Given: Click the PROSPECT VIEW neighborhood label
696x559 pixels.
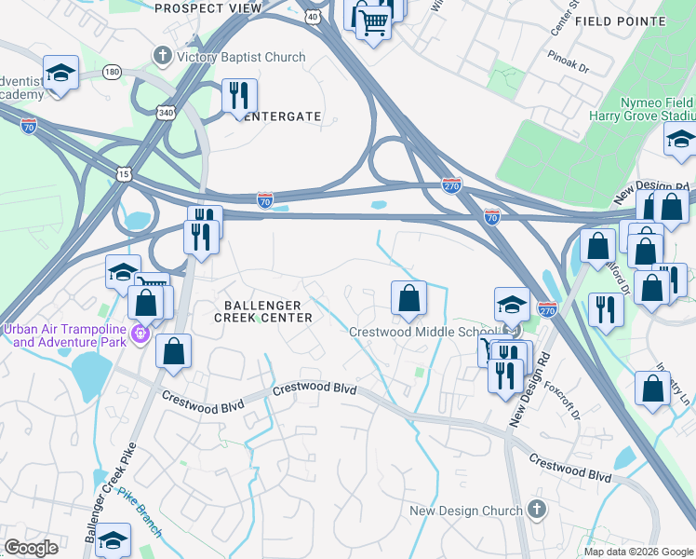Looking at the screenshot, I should click(x=207, y=8).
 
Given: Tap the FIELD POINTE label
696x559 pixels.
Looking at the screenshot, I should click(x=620, y=20).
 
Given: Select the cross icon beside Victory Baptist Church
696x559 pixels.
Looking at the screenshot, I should click(x=163, y=57).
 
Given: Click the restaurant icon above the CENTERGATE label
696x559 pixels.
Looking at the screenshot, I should click(x=239, y=94).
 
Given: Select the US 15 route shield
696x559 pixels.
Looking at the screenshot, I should click(x=124, y=173).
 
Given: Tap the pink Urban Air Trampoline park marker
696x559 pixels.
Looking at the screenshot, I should click(x=141, y=331).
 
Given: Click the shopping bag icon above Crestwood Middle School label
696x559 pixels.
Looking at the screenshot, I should click(x=408, y=298).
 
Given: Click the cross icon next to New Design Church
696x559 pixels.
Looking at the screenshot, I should click(x=535, y=510).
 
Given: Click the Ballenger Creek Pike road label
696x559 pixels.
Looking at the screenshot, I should click(x=104, y=498).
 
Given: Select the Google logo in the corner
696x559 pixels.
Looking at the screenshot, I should click(x=31, y=548).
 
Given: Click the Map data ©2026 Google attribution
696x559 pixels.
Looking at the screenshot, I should click(x=637, y=552).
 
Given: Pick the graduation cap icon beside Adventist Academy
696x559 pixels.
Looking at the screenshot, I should click(x=60, y=74).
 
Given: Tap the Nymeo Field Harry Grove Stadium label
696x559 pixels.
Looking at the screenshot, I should click(x=642, y=110).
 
